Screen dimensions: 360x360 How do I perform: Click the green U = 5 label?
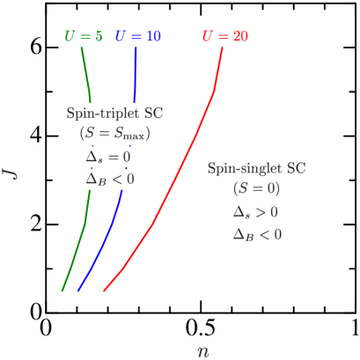click(84, 37)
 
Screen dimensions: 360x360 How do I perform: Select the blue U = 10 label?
click(138, 37)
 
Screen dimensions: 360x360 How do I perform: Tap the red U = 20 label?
click(224, 37)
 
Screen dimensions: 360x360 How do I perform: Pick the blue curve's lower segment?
click(101, 246)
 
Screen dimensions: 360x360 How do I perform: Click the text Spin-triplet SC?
click(114, 114)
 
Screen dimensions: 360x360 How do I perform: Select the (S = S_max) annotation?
click(114, 135)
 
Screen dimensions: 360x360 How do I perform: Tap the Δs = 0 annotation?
click(109, 157)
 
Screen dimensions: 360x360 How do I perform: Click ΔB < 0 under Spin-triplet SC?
click(110, 179)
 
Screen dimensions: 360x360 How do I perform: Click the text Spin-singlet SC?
click(256, 168)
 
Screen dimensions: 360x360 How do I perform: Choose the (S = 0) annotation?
click(256, 189)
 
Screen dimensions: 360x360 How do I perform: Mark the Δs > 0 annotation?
click(256, 212)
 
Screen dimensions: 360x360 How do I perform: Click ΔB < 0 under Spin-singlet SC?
click(257, 234)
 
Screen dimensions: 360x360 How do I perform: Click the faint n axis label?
click(203, 350)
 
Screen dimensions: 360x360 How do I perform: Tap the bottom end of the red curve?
click(105, 290)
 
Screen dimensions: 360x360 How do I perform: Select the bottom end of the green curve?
click(62, 290)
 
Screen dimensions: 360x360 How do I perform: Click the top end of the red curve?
click(222, 49)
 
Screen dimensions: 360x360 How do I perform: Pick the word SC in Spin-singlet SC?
click(297, 168)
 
